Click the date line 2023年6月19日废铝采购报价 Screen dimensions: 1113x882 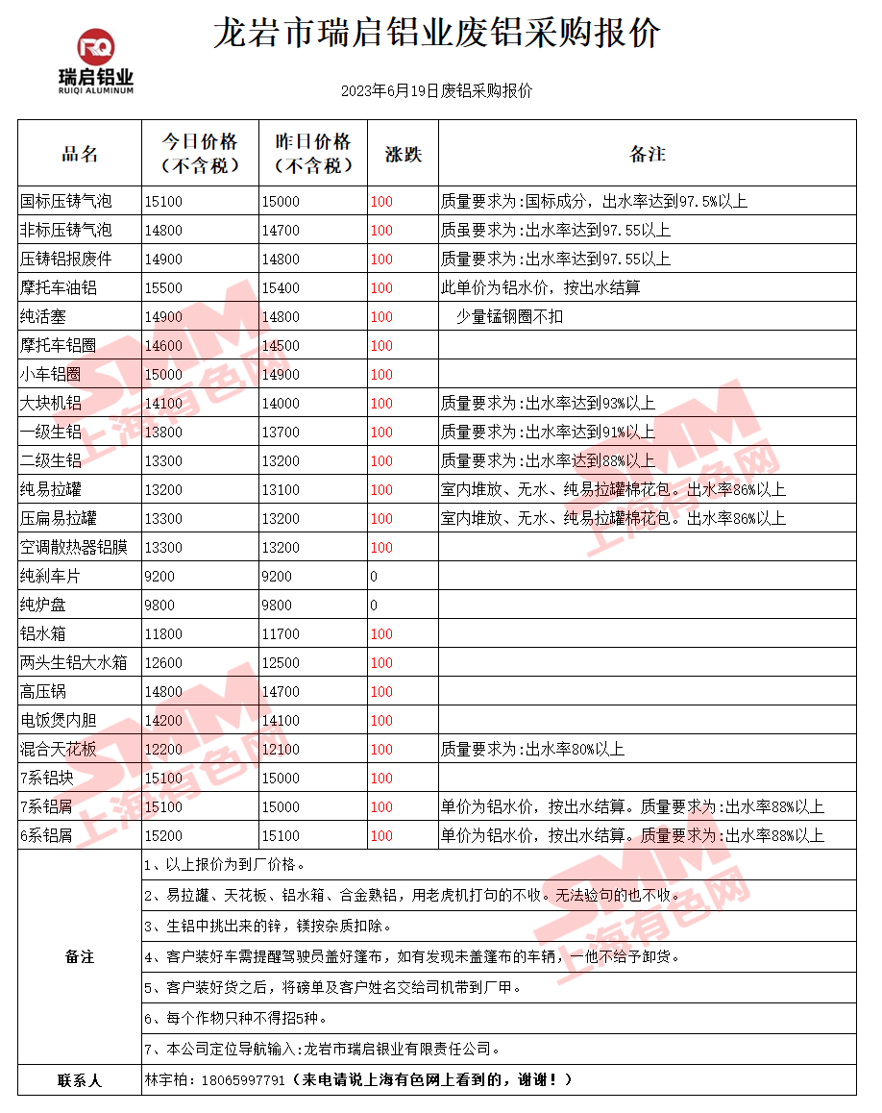(436, 91)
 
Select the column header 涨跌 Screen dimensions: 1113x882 (403, 154)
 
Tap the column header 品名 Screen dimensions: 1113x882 (80, 154)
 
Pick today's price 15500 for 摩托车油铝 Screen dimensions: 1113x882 (163, 288)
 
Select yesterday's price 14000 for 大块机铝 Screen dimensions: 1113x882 (281, 404)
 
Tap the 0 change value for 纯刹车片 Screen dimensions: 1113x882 (374, 577)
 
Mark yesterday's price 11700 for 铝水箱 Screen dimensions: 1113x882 (281, 634)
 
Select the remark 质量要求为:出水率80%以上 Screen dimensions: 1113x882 (532, 750)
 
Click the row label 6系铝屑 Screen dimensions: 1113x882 (46, 836)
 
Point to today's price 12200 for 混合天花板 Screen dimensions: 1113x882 (163, 750)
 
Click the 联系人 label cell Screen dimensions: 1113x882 (80, 1080)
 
